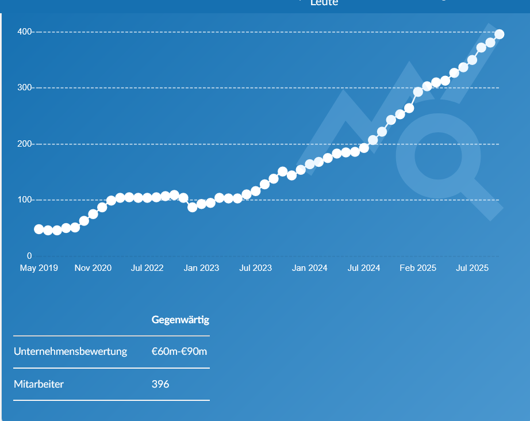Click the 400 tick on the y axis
click(25, 32)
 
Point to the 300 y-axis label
click(25, 87)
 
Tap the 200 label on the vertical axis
click(25, 144)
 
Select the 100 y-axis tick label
click(25, 200)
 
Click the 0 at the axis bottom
click(29, 256)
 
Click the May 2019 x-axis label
click(39, 268)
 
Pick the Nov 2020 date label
click(93, 268)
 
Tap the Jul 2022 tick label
click(147, 268)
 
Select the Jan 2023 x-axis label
click(201, 268)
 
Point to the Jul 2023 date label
click(255, 268)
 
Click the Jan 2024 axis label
click(309, 268)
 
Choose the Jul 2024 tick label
click(364, 268)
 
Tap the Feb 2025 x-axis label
click(418, 268)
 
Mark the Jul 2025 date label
click(472, 268)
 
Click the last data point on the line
click(499, 35)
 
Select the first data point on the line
click(39, 229)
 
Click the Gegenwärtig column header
click(180, 319)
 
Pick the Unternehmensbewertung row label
click(70, 351)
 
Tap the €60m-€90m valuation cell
click(179, 351)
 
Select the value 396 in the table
click(160, 384)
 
